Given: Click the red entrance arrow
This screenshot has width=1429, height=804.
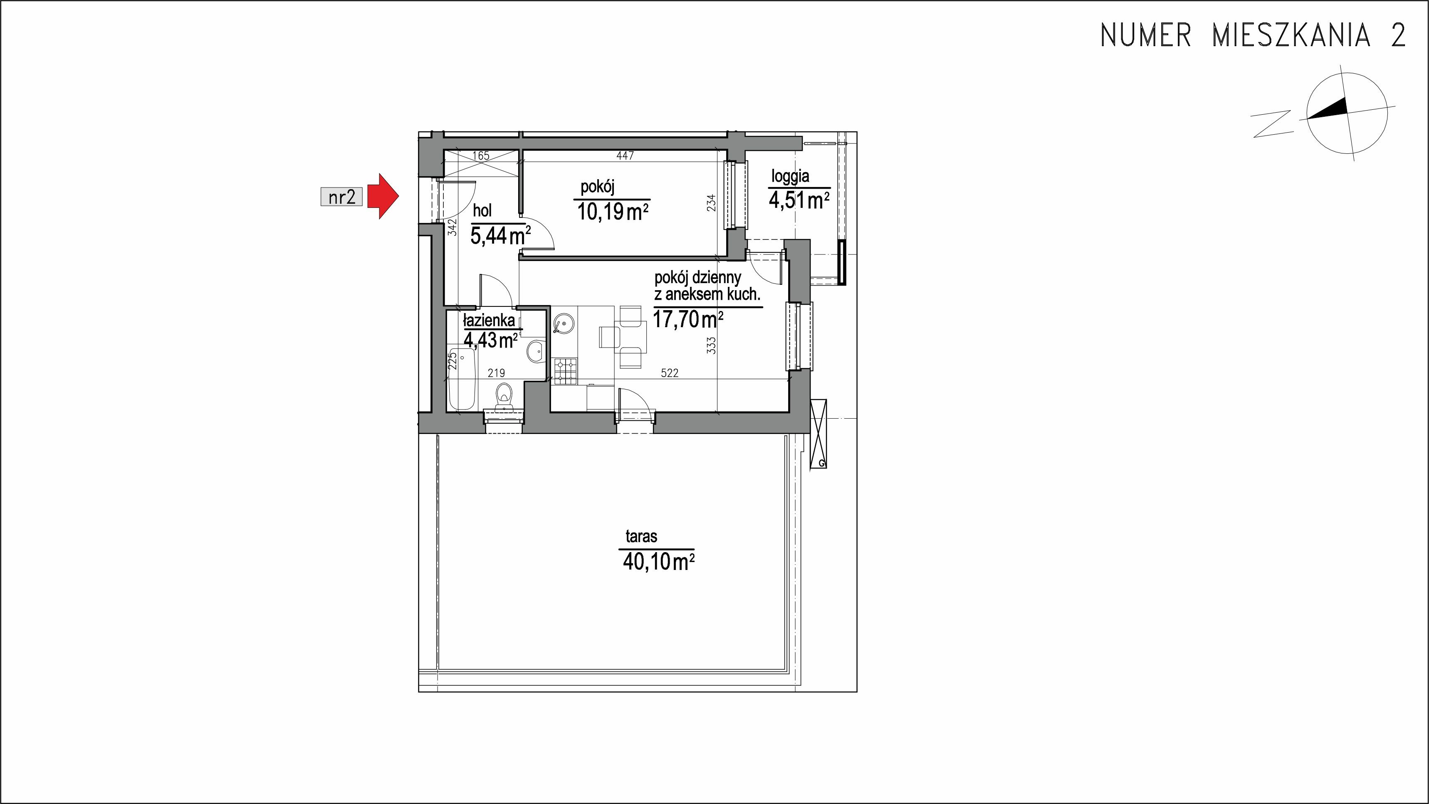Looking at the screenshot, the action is (x=384, y=196).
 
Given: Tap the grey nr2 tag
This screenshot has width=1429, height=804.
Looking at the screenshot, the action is (x=341, y=197).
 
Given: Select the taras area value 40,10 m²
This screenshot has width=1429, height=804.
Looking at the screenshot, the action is (x=658, y=562).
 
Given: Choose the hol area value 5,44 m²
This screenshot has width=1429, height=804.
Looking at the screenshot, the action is (x=500, y=236).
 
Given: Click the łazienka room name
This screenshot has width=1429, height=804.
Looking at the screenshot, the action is (x=489, y=321).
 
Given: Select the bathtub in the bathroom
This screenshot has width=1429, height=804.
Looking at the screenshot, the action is (x=462, y=380).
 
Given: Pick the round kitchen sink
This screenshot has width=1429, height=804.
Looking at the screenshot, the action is (x=564, y=323).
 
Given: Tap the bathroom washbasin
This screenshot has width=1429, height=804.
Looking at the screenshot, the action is (x=535, y=351).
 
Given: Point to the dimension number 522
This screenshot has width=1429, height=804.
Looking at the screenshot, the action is (x=670, y=373).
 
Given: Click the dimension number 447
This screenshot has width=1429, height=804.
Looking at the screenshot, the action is (x=625, y=156).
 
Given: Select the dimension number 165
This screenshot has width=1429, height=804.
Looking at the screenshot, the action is (x=481, y=156).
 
